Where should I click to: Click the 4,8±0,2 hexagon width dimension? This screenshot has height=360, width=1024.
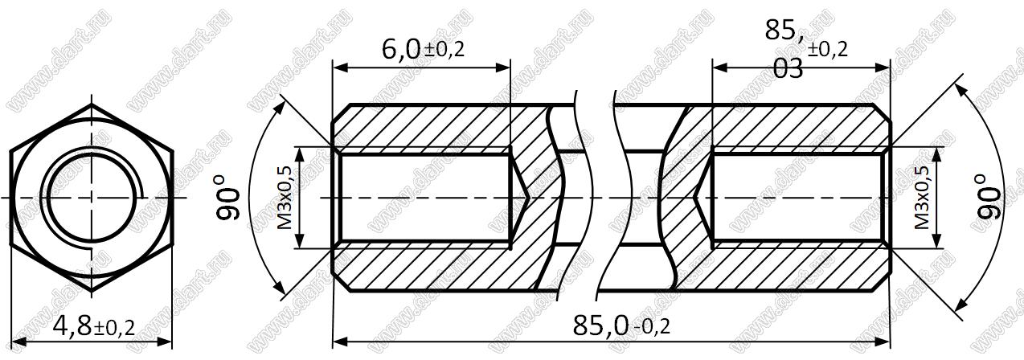click(x=94, y=326)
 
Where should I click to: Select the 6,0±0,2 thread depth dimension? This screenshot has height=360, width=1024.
click(x=423, y=49)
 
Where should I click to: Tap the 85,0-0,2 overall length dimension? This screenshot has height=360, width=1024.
click(x=621, y=326)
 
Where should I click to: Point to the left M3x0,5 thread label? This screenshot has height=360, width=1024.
click(x=285, y=198)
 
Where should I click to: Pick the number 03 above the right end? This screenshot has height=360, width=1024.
click(x=788, y=69)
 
